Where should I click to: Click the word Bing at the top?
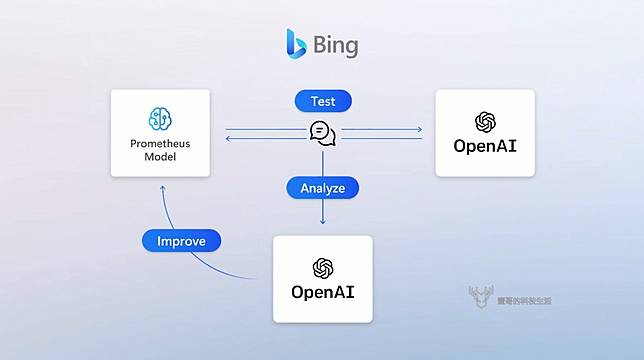tap(335, 45)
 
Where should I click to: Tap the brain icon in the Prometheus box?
tap(160, 118)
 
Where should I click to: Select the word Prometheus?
tap(160, 144)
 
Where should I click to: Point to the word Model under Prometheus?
tap(160, 157)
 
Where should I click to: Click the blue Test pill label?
tap(322, 101)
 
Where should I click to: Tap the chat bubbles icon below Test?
tap(322, 134)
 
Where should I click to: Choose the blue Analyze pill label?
tap(322, 187)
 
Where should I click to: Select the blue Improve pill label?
tap(181, 241)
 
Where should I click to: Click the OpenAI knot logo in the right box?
tap(485, 121)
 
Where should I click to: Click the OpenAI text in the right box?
tap(485, 147)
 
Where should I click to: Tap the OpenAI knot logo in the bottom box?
tap(322, 267)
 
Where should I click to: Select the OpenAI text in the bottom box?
tap(322, 293)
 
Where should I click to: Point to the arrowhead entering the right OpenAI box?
tap(419, 129)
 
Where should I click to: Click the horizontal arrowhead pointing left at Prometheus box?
tap(228, 139)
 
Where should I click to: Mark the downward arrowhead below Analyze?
tap(322, 222)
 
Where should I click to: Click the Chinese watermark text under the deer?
tap(524, 299)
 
